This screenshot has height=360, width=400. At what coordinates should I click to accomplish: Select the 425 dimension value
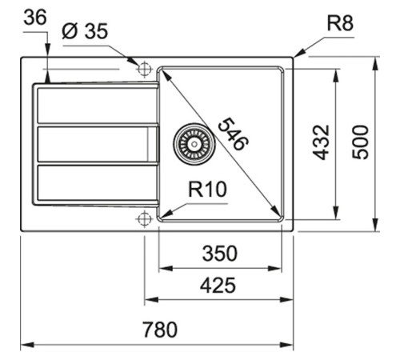pyautogui.click(x=217, y=284)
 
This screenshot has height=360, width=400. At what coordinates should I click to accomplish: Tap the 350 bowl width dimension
pyautogui.click(x=219, y=254)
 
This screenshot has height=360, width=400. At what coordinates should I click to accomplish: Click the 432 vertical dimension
pyautogui.click(x=322, y=142)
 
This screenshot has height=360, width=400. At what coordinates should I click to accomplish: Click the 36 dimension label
pyautogui.click(x=35, y=18)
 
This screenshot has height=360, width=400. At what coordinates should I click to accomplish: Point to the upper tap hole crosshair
pyautogui.click(x=144, y=69)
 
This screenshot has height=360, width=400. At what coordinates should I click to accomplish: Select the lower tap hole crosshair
pyautogui.click(x=144, y=218)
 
